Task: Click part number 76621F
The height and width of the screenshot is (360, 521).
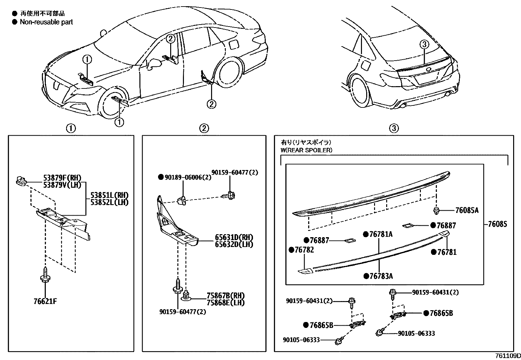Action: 45,301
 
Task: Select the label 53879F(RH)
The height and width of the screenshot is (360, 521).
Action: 62,178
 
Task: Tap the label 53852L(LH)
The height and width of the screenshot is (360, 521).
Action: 109,202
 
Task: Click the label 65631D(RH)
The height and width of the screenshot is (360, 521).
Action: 234,237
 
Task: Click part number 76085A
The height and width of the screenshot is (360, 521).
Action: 467,211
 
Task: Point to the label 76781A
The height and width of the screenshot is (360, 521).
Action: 381,234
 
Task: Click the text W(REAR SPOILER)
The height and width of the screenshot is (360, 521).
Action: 306,150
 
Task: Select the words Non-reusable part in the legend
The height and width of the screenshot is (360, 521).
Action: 46,22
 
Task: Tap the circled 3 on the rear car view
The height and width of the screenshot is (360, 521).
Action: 424,45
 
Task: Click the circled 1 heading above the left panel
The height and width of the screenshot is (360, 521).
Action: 71,128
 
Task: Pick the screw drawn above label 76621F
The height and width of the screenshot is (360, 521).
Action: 45,275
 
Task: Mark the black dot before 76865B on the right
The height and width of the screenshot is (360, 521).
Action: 426,313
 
